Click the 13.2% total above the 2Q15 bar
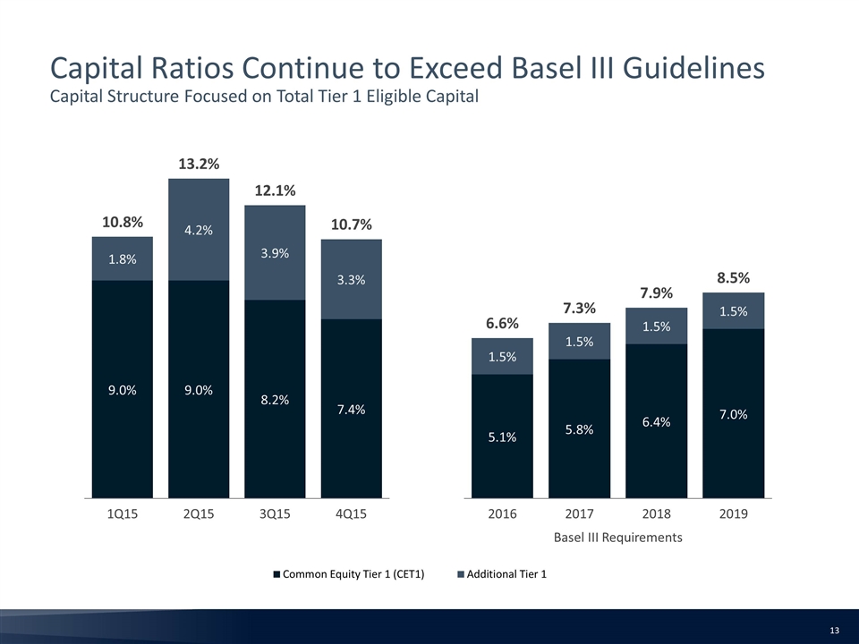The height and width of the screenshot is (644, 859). pyautogui.click(x=199, y=164)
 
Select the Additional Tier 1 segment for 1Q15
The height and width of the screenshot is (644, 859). pyautogui.click(x=123, y=258)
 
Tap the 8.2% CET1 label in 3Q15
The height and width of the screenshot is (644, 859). pyautogui.click(x=275, y=400)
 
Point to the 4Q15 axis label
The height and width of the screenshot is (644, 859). pyautogui.click(x=351, y=513)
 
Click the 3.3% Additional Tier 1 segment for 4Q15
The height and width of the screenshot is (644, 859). pyautogui.click(x=351, y=279)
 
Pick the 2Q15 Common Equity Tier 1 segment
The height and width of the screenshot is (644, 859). pyautogui.click(x=199, y=389)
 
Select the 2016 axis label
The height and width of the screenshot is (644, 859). pyautogui.click(x=502, y=513)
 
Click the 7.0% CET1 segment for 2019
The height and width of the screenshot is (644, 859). pyautogui.click(x=734, y=413)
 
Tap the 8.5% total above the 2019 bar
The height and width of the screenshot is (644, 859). pyautogui.click(x=734, y=278)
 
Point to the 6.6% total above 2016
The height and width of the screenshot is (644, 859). pyautogui.click(x=502, y=324)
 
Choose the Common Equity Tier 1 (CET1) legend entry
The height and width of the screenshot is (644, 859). pyautogui.click(x=349, y=574)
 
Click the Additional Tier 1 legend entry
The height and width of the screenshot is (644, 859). pyautogui.click(x=502, y=574)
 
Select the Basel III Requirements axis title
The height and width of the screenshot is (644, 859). pyautogui.click(x=618, y=538)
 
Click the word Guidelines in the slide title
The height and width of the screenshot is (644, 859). pyautogui.click(x=693, y=69)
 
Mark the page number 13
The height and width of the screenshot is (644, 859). pyautogui.click(x=835, y=631)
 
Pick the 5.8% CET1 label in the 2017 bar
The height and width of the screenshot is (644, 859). pyautogui.click(x=580, y=429)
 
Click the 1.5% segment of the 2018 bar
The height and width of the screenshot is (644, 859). pyautogui.click(x=656, y=326)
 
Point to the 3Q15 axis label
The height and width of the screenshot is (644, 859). pyautogui.click(x=275, y=513)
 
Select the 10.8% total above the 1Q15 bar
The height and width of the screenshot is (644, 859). pyautogui.click(x=123, y=222)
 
